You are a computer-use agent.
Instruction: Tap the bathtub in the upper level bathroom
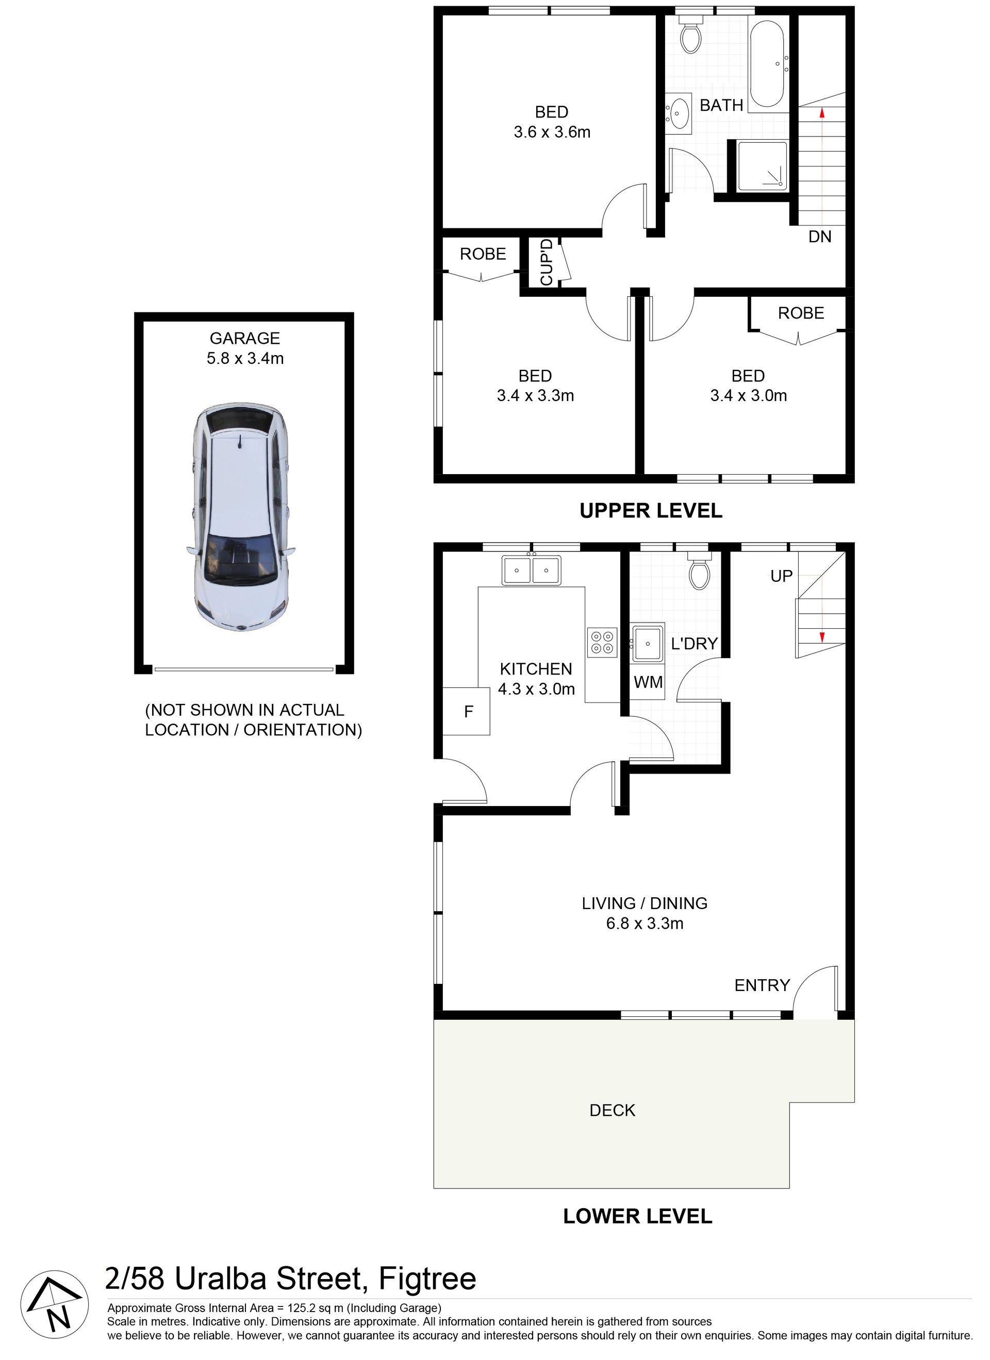coord(767,65)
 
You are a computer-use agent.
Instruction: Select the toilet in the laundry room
coord(700,571)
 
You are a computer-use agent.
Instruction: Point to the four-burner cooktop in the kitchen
coord(602,642)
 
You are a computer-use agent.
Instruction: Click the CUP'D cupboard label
coord(546,263)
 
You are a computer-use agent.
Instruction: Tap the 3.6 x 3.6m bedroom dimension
coord(552,132)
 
